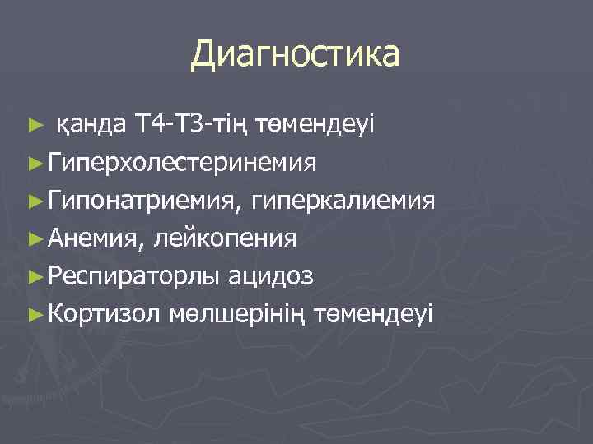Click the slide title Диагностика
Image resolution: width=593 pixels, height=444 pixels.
click(296, 55)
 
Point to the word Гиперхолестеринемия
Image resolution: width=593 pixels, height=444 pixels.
click(182, 163)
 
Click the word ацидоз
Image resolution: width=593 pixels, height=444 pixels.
click(271, 276)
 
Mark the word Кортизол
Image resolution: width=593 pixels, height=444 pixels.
click(107, 314)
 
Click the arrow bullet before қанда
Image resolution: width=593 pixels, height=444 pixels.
click(34, 127)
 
